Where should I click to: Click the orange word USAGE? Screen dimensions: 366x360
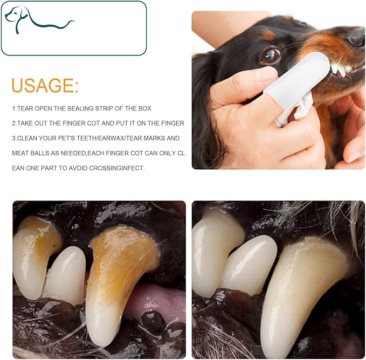(45, 86)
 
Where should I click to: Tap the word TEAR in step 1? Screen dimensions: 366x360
(25, 108)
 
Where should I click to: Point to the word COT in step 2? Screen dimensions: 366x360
(93, 123)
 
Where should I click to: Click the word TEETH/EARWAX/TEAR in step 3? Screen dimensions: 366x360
(106, 138)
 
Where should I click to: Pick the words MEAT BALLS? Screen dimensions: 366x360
(34, 153)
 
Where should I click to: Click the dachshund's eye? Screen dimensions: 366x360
(271, 56)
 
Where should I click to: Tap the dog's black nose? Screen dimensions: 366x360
(357, 37)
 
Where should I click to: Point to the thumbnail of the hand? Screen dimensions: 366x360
(266, 74)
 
